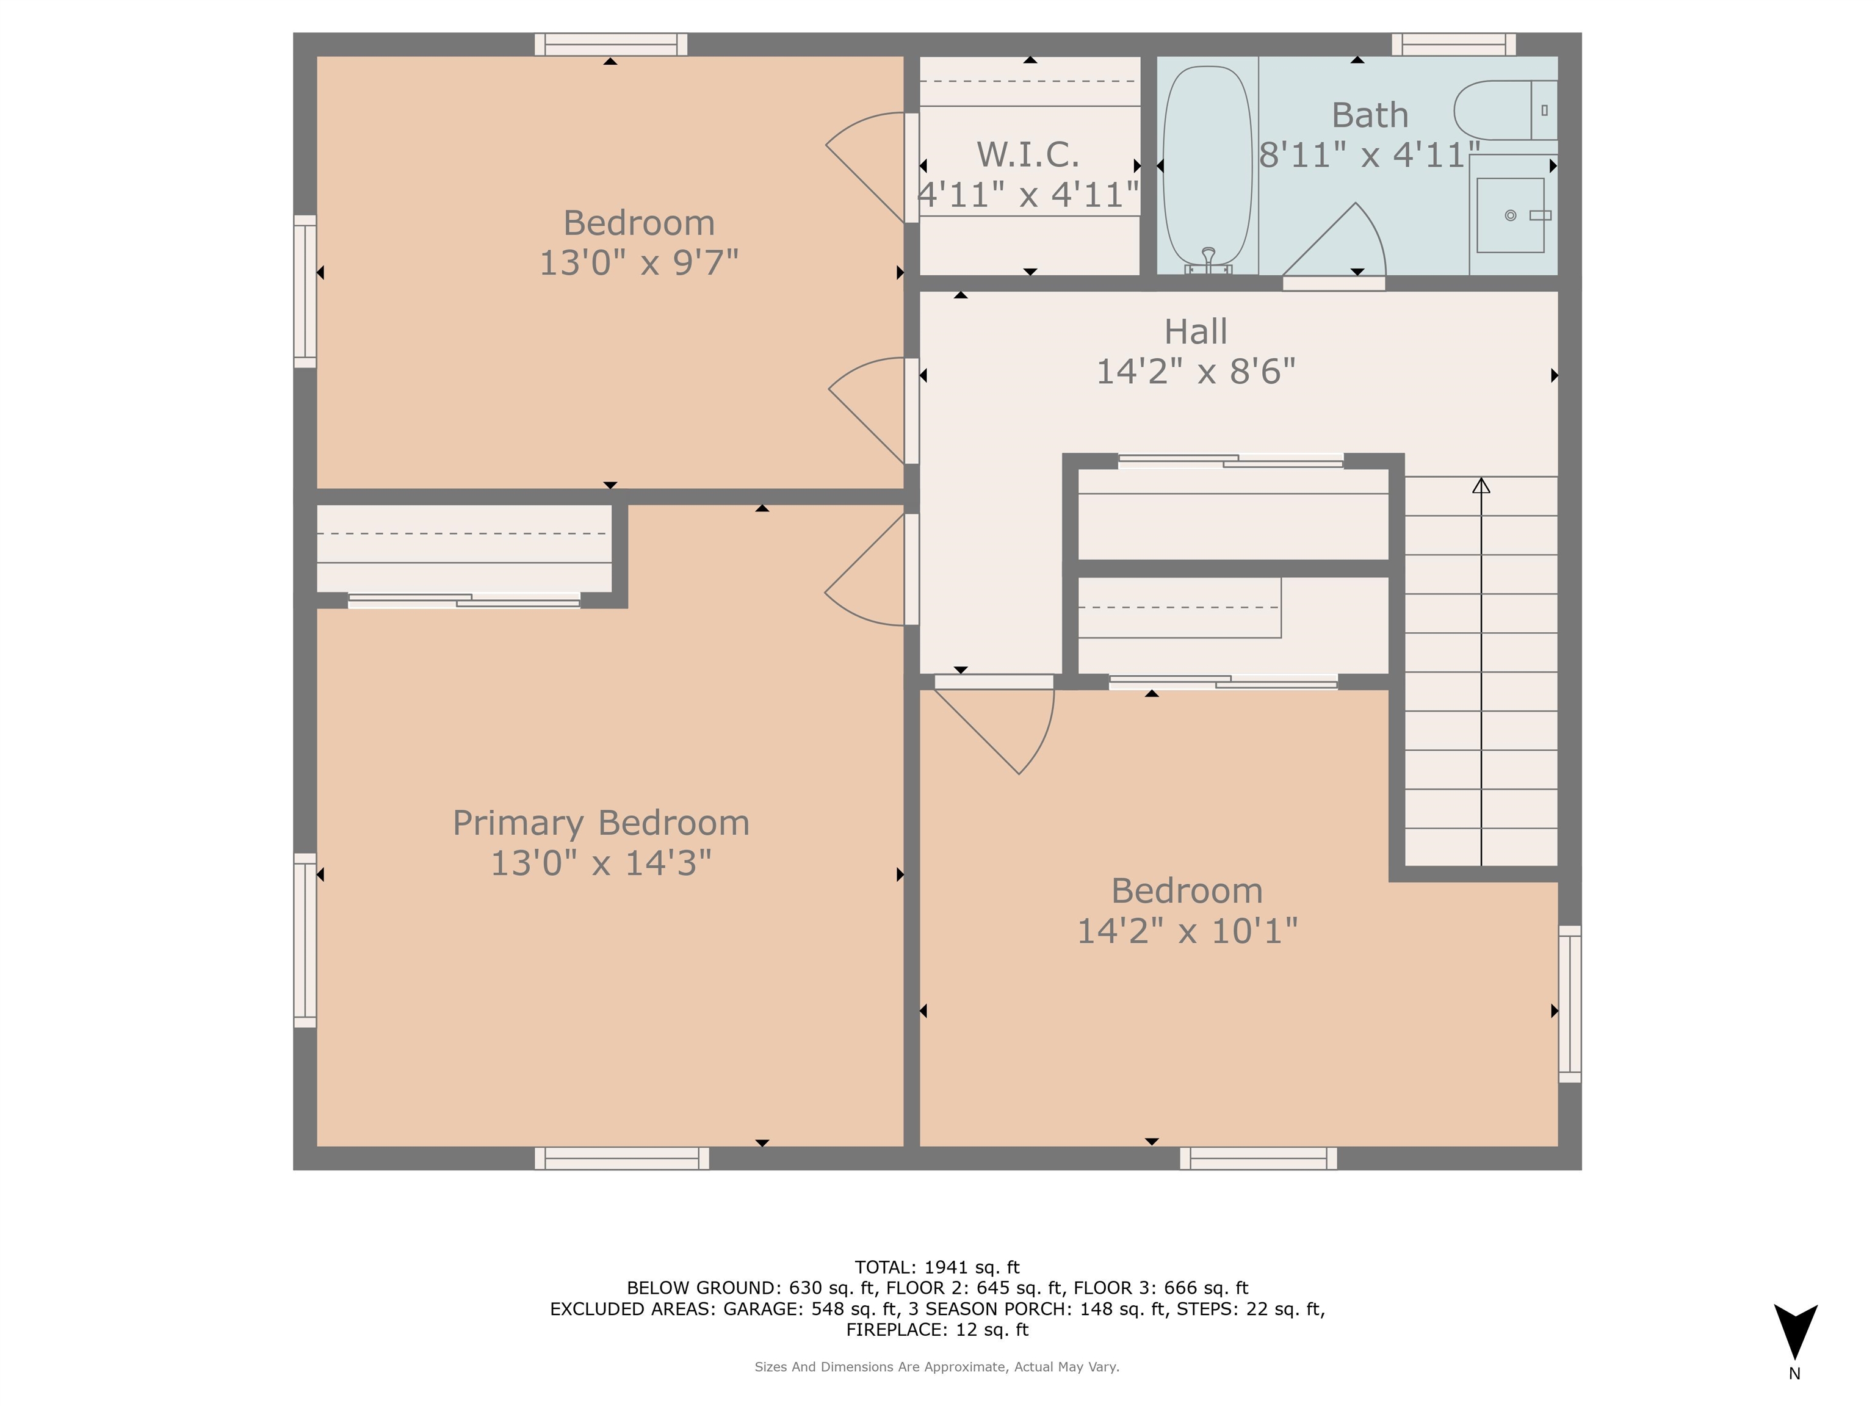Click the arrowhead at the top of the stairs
(x=1481, y=486)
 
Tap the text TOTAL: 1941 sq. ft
(x=937, y=1267)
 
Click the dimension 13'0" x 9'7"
(x=638, y=263)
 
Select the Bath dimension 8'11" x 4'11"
(x=1368, y=155)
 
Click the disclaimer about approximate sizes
(x=937, y=1366)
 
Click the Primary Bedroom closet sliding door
(x=464, y=601)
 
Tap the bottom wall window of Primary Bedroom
(x=621, y=1158)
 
